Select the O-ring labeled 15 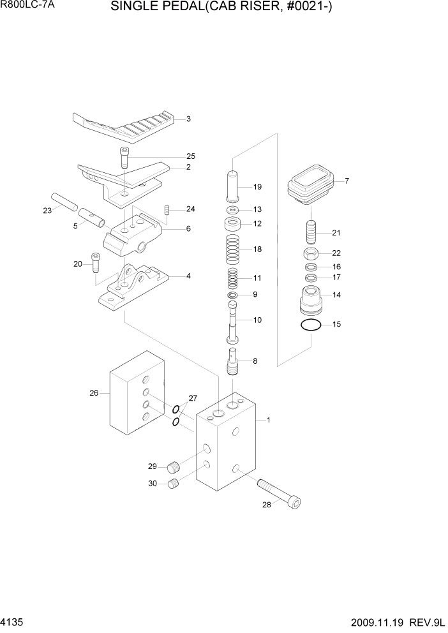point(311,325)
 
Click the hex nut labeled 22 point(311,253)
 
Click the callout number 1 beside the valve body point(269,420)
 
